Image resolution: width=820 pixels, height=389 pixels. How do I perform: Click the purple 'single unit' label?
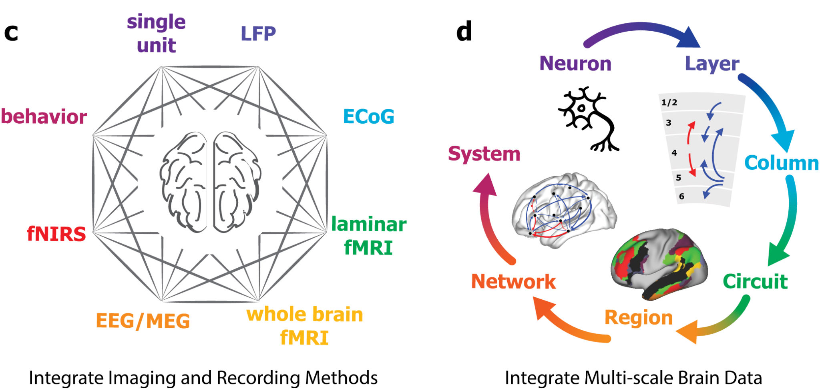(156, 34)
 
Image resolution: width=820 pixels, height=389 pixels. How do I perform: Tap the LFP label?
(258, 34)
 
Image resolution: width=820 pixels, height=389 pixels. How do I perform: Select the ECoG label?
(368, 117)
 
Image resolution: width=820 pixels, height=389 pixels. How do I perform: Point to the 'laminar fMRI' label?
(368, 236)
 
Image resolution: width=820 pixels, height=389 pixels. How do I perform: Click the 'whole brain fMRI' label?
(304, 326)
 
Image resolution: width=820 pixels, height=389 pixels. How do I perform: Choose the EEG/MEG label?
(143, 321)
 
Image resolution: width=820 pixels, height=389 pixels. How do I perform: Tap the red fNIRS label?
(56, 234)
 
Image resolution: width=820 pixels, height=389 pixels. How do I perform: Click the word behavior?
(44, 117)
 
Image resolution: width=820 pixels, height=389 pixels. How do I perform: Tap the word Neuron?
(575, 64)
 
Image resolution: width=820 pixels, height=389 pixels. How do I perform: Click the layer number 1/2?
(669, 102)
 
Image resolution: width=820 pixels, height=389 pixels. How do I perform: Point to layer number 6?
(681, 196)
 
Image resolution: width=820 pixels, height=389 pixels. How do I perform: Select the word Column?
(781, 163)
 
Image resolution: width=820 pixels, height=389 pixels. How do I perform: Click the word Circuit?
(755, 281)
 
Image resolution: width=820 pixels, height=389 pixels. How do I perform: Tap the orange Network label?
(513, 281)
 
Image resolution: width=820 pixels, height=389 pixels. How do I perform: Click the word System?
(484, 154)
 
